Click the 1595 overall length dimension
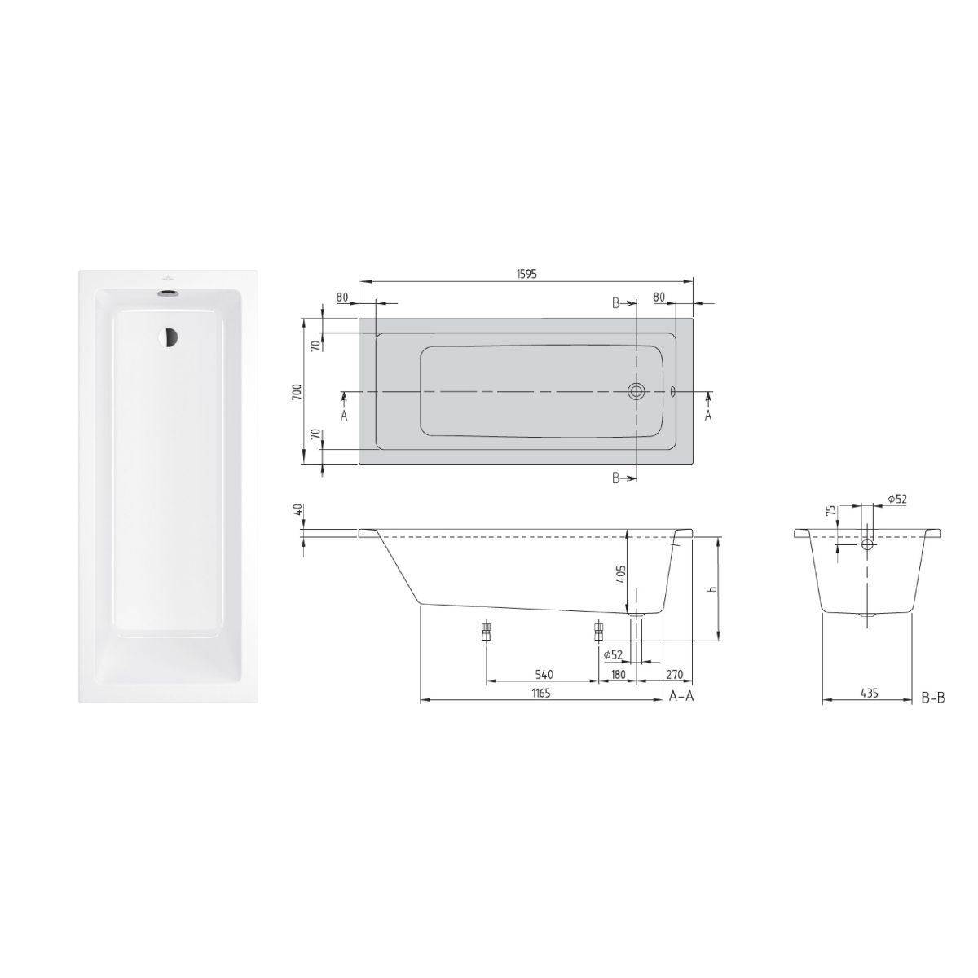click(x=526, y=274)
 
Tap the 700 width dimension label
click(x=297, y=391)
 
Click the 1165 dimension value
click(x=541, y=694)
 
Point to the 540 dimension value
click(x=544, y=675)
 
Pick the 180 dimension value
click(x=618, y=675)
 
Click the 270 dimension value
click(x=675, y=675)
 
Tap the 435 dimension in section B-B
click(x=870, y=693)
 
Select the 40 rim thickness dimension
click(x=298, y=509)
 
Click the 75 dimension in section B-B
click(x=830, y=511)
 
